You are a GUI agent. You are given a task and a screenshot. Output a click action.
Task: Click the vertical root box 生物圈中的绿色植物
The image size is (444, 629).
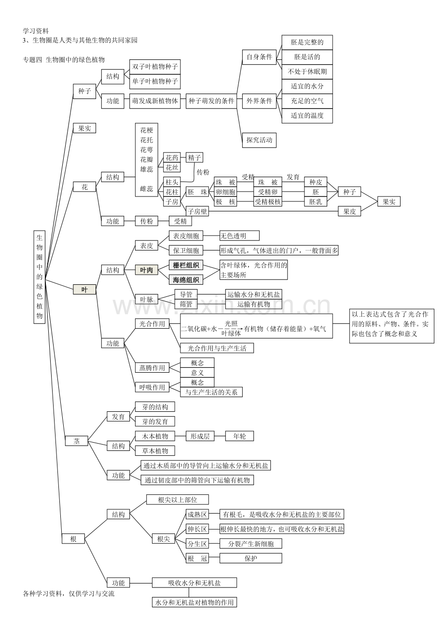[39, 277]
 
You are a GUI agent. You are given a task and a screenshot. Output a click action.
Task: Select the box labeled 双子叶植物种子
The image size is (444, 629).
[155, 67]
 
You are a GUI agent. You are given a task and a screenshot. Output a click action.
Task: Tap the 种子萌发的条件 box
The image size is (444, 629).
[211, 101]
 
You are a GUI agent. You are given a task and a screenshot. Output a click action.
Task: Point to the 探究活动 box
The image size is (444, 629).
[259, 140]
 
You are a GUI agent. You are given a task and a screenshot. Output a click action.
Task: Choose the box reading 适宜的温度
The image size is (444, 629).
[307, 116]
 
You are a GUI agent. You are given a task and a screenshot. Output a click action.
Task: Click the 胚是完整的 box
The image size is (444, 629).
[307, 42]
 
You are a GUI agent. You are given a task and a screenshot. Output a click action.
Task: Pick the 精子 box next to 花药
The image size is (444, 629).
[194, 157]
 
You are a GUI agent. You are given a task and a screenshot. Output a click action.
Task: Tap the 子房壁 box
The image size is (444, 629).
[197, 211]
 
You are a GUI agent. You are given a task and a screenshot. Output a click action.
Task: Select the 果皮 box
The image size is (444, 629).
[349, 211]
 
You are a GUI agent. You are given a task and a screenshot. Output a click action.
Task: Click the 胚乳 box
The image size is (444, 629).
[316, 202]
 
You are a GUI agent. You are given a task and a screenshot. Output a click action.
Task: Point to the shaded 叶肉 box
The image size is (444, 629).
[147, 270]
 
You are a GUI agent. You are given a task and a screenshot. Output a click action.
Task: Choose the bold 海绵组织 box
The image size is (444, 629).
[186, 280]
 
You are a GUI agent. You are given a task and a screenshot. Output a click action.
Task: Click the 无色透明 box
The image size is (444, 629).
[239, 236]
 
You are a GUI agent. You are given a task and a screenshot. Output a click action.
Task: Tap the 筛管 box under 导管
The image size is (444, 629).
[186, 304]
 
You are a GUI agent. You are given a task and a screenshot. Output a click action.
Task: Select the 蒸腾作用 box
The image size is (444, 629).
[152, 368]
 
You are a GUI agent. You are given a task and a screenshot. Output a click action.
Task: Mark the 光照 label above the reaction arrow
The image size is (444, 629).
[231, 323]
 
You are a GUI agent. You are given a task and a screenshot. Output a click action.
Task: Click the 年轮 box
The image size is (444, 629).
[239, 436]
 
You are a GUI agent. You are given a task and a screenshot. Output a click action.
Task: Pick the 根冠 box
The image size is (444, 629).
[197, 559]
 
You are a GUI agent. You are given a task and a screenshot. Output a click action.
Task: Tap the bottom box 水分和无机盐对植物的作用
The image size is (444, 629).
[194, 602]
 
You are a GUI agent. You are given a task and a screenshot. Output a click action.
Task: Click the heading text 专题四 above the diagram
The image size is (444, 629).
[32, 60]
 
